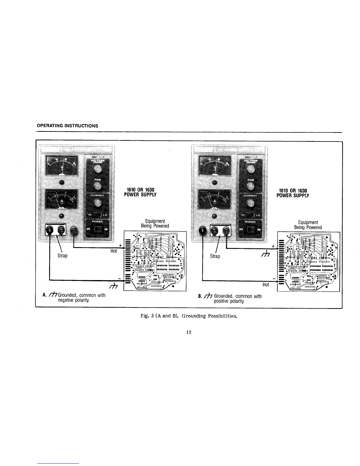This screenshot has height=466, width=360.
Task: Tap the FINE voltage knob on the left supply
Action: pos(97,186)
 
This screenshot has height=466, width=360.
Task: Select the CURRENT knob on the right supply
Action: pos(251,203)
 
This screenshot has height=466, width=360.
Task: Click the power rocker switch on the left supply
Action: pos(97,229)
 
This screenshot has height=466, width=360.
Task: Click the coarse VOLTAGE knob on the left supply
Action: pos(97,169)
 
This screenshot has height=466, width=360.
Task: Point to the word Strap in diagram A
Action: pos(62,256)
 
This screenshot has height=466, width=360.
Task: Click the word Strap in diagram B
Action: pos(215,256)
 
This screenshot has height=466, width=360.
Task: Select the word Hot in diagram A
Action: pos(114,251)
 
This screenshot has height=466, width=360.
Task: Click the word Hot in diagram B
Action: pos(266,284)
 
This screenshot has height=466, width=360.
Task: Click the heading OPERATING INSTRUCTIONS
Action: pos(67,126)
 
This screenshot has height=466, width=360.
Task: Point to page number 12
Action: pos(189,332)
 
